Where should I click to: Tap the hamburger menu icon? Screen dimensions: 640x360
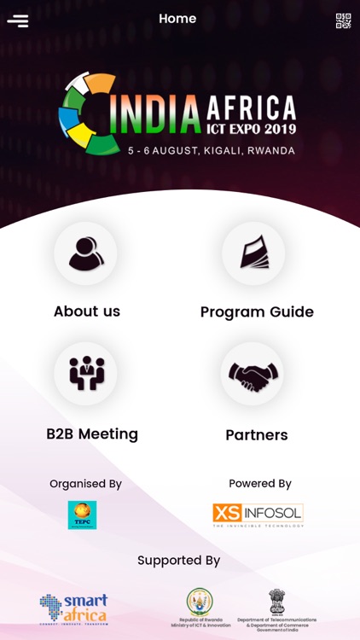pos(18,20)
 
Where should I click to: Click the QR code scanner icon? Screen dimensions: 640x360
pos(343,20)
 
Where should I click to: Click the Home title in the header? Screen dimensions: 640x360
pos(177,19)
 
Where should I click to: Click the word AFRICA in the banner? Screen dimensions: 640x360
pos(252,108)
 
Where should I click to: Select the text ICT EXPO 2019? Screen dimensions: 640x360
pos(252,130)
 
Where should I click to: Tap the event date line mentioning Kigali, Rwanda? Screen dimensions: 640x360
pos(212,151)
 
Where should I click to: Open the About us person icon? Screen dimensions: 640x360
pos(85,253)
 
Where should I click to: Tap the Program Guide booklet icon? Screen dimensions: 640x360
pos(254,253)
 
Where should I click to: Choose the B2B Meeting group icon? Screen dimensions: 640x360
pos(85,374)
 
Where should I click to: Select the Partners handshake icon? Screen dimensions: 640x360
pos(253,374)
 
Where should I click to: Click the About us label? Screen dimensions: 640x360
pos(87,311)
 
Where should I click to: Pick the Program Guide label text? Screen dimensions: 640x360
pos(257,312)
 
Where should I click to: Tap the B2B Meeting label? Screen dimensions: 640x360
pos(92,433)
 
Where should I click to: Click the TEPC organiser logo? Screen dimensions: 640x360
pos(82,515)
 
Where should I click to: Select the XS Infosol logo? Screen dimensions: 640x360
pos(258,515)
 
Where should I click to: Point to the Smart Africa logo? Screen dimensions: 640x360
pos(73,609)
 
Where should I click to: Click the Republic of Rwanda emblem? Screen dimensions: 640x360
pos(200,602)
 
